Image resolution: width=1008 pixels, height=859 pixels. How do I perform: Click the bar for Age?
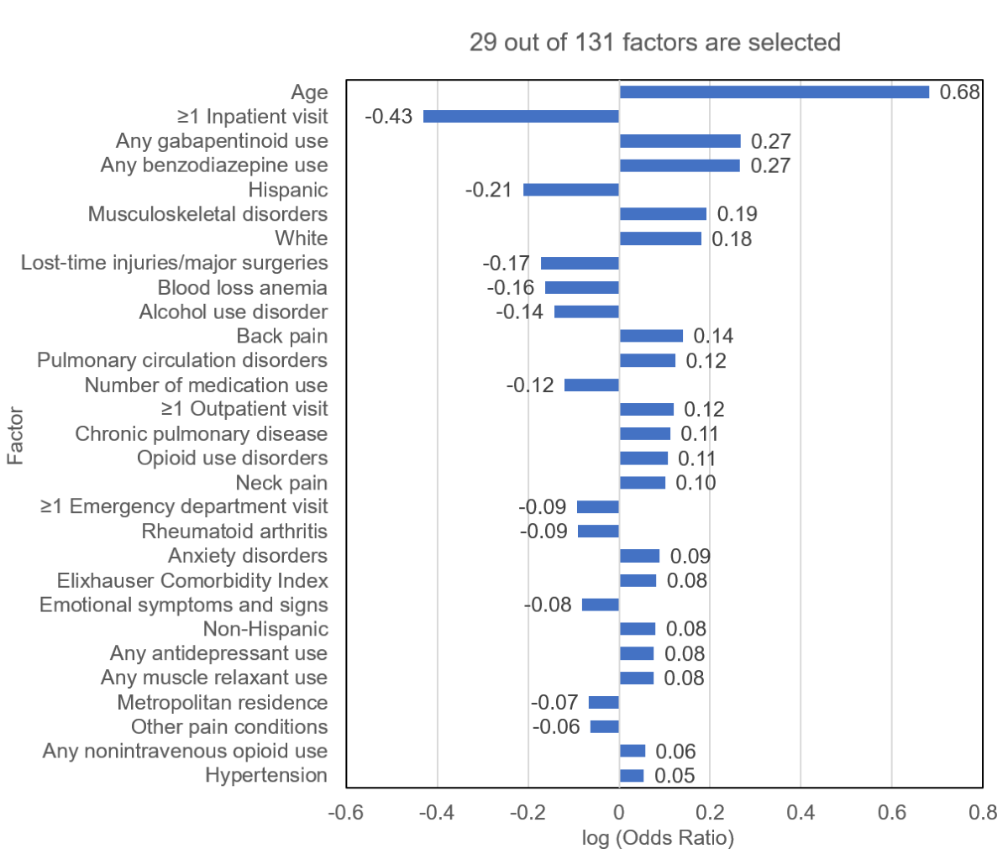coord(774,92)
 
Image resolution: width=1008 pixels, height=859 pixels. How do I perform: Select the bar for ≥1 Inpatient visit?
coord(521,117)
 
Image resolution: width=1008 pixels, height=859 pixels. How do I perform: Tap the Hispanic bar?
coord(571,190)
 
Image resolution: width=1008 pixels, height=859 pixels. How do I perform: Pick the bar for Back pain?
coord(651,336)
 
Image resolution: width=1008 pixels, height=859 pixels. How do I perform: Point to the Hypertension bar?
coord(632,775)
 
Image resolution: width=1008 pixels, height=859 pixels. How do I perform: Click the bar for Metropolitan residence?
coord(604,702)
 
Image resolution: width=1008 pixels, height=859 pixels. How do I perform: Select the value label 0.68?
coord(959,92)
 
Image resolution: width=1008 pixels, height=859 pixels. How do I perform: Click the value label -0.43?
coord(389,117)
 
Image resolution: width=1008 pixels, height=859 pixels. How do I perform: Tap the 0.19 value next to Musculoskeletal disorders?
coord(737,214)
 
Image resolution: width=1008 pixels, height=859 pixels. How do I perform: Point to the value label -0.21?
coord(488,190)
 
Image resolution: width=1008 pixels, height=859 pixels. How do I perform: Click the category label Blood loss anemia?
coord(242,287)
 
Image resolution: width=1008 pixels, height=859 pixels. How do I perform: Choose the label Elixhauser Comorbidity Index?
coord(192,580)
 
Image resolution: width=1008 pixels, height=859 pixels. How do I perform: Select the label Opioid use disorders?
coord(232,458)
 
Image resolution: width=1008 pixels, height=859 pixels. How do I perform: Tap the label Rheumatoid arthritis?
coord(234,532)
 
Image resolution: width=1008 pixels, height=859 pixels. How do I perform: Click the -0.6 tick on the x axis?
coord(345,813)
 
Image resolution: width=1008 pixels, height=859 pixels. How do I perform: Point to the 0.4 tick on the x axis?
coord(801,813)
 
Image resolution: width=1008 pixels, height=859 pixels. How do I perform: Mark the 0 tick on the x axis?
coord(619,813)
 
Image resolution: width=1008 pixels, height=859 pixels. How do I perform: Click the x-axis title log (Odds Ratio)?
coord(658,838)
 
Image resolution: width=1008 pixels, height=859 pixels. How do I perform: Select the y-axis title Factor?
coord(15,436)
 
